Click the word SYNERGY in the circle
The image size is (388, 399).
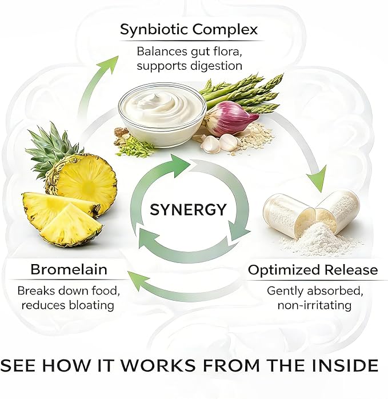188,210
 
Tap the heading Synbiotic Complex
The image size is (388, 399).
189,30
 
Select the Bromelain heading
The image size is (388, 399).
69,269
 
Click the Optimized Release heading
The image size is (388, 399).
313,270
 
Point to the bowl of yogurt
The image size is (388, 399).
162,114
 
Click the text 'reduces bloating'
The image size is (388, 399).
67,305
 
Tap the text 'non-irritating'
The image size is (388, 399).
314,305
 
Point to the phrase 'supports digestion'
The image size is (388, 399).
189,66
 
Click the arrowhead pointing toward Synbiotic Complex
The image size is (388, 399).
110,65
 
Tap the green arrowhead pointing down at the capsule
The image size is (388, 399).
318,178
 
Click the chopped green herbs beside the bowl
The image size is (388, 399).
134,147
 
